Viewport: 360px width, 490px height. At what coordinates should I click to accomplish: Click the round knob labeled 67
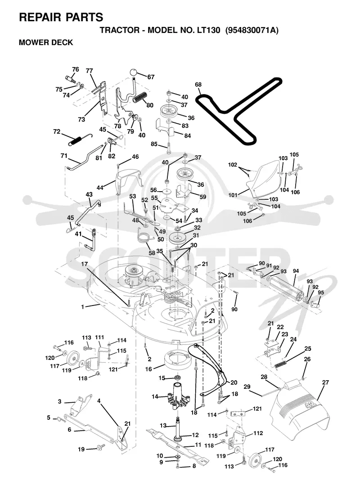pyautogui.click(x=134, y=73)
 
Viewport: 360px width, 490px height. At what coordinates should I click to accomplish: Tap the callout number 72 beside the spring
pyautogui.click(x=57, y=131)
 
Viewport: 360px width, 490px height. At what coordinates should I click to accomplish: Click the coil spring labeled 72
pyautogui.click(x=81, y=139)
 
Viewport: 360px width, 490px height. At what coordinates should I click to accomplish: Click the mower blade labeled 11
pyautogui.click(x=177, y=444)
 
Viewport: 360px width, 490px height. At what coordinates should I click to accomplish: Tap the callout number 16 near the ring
pyautogui.click(x=148, y=369)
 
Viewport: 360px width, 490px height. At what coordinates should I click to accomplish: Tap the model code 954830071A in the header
pyautogui.click(x=252, y=30)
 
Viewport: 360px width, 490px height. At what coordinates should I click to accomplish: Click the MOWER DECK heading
pyautogui.click(x=46, y=42)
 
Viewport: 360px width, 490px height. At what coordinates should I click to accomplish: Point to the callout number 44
pyautogui.click(x=100, y=188)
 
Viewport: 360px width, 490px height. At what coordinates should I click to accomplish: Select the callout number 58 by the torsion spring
pyautogui.click(x=152, y=253)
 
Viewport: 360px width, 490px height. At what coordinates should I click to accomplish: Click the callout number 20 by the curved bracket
pyautogui.click(x=234, y=382)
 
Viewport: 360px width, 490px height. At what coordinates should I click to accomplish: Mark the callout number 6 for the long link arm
pyautogui.click(x=69, y=429)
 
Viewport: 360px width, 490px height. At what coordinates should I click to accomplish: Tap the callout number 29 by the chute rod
pyautogui.click(x=247, y=387)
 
